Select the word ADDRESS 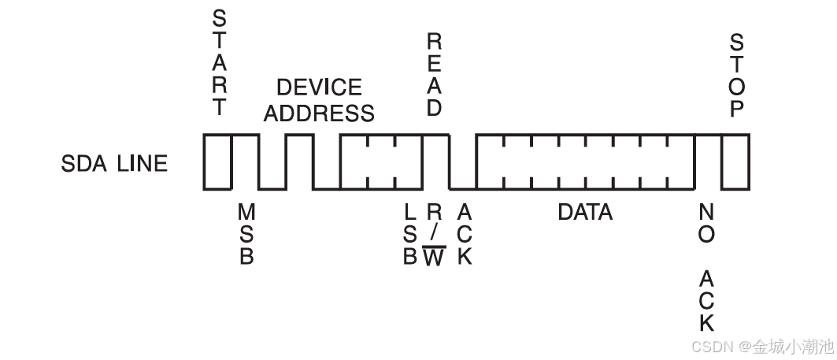coord(319,113)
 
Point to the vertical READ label coord(434,75)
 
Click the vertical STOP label coord(736,75)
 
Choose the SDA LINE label coord(114,164)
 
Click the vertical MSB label coord(246,235)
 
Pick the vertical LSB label coord(409,235)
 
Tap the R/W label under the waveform coord(434,235)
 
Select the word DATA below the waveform coord(585,212)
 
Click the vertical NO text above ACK coord(706,224)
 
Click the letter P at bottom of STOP coord(736,109)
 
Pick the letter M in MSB coord(246,213)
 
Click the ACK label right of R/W coord(465,235)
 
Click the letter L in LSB coord(409,213)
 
